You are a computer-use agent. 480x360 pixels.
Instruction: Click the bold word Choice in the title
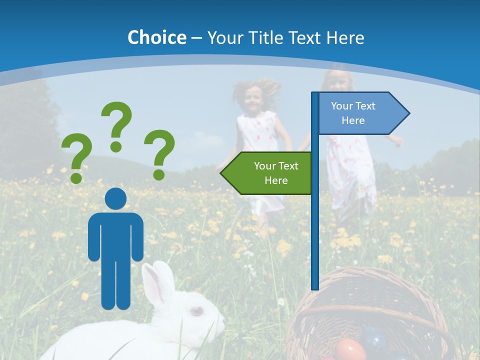pyautogui.click(x=156, y=37)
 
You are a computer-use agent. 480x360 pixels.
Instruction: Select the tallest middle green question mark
pyautogui.click(x=117, y=125)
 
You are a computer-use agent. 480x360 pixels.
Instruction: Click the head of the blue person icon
pyautogui.click(x=115, y=199)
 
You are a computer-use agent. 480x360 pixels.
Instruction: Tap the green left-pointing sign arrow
pyautogui.click(x=267, y=173)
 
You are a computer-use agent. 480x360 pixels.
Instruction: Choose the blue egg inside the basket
pyautogui.click(x=375, y=338)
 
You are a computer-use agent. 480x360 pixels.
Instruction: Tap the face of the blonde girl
pyautogui.click(x=339, y=83)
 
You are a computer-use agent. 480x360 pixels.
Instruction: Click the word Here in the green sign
pyautogui.click(x=276, y=180)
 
